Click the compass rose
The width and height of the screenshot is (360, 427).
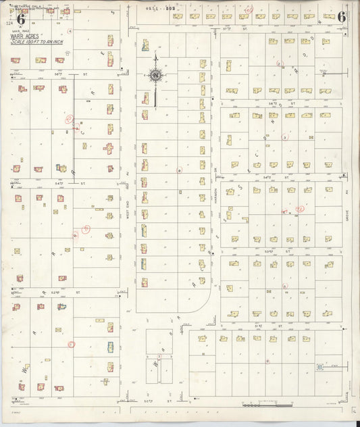156,76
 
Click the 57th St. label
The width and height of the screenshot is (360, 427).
227,29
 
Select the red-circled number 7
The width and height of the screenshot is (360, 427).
159,356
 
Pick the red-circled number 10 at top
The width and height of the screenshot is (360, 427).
249,10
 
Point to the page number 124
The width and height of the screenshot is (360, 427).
7,24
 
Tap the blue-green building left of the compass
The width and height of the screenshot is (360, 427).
145,46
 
